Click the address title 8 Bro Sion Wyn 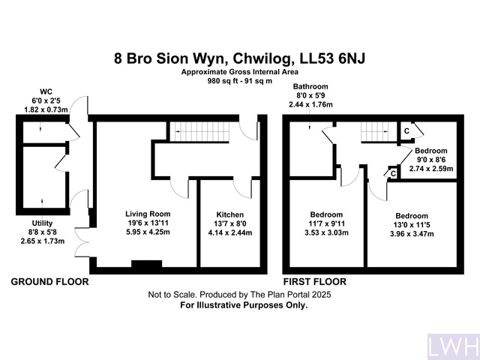pos(239,57)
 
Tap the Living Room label pos(148,214)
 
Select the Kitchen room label pos(229,214)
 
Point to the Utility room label pos(43,223)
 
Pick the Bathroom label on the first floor pos(310,87)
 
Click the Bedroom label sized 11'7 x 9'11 pos(327,214)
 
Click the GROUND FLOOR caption pos(49,282)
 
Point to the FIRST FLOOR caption pos(314,282)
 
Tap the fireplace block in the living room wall pos(146,264)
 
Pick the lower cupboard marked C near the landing pos(393,174)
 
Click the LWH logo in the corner pos(452,346)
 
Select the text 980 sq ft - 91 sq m pos(239,79)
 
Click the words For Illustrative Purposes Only pos(239,305)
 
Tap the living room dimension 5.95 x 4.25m pos(148,232)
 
